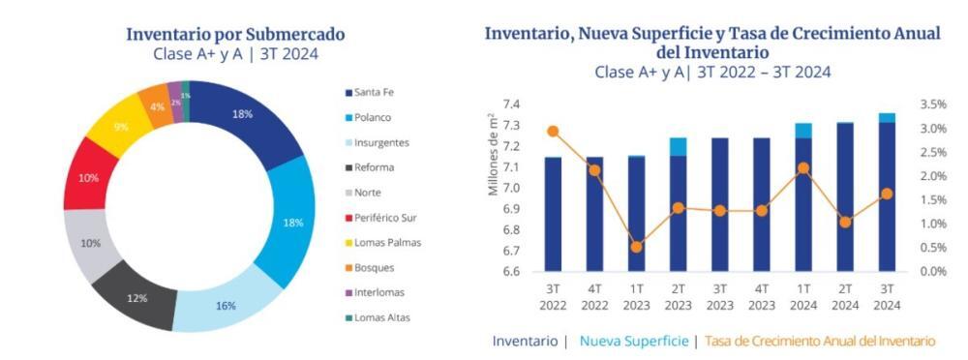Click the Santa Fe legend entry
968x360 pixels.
click(369, 93)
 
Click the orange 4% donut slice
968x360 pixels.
click(157, 106)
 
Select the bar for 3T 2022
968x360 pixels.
click(553, 214)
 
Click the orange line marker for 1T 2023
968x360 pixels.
click(637, 247)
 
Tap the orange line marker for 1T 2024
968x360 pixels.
click(803, 168)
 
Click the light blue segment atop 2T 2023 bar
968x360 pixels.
click(678, 147)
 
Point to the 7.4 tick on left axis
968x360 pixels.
click(510, 105)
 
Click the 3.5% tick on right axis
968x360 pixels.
click(933, 105)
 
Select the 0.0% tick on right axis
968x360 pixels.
click(933, 272)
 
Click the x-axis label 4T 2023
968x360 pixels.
click(761, 296)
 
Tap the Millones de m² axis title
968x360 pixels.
click(493, 154)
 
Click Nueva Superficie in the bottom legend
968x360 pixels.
click(634, 341)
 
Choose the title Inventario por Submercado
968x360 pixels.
click(236, 34)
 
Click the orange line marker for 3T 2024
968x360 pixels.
click(887, 194)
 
